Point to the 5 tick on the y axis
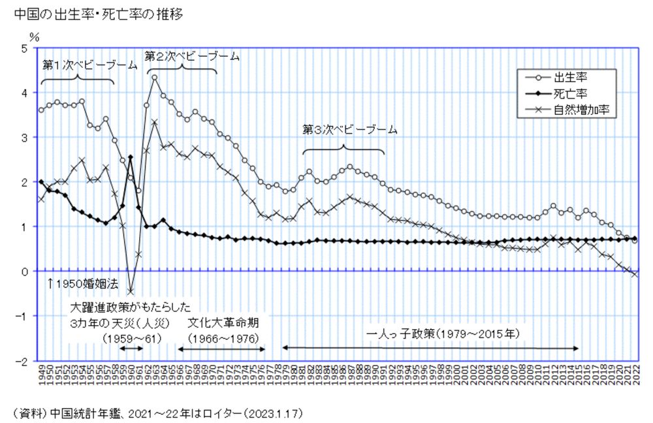[24, 48]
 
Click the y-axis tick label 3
[24, 138]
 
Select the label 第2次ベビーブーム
[192, 56]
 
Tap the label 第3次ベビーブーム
[350, 129]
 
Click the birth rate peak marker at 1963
[155, 78]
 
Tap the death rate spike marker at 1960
[131, 157]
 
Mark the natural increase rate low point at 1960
[131, 292]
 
